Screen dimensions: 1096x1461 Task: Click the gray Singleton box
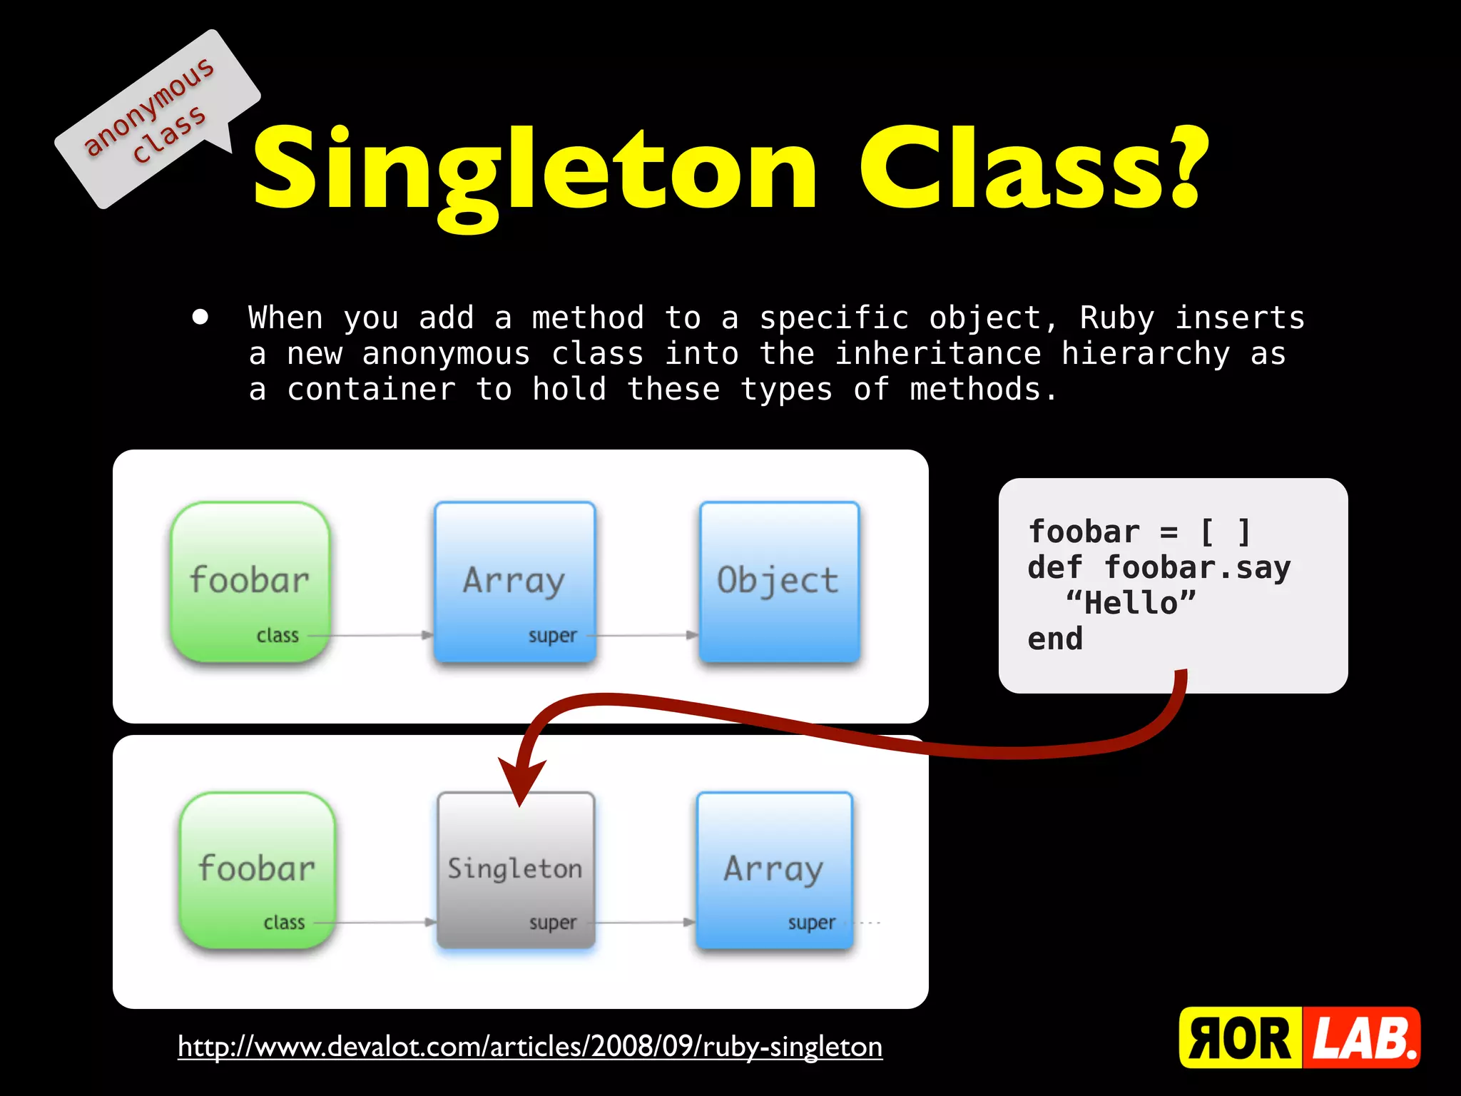(515, 869)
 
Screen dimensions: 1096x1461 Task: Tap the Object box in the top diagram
(779, 581)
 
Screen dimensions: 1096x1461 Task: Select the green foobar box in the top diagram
(250, 581)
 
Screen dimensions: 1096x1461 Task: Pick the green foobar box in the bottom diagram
(257, 869)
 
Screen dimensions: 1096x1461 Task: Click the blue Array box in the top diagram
(514, 581)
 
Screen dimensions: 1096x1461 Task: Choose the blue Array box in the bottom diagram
(774, 869)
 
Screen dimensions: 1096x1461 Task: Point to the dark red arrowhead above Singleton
(521, 781)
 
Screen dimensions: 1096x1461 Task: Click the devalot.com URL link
(530, 1047)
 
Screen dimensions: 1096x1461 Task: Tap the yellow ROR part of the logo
(1240, 1038)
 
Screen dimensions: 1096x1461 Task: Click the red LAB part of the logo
(1363, 1038)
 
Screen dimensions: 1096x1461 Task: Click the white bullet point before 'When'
(200, 317)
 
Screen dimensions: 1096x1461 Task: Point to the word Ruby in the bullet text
(1116, 318)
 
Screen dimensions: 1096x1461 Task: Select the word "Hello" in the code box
(1131, 604)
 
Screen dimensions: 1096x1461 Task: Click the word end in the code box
(1055, 639)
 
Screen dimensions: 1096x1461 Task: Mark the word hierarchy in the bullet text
(1146, 354)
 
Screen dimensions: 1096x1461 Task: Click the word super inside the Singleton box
(552, 923)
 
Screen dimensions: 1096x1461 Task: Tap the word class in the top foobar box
(278, 635)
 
